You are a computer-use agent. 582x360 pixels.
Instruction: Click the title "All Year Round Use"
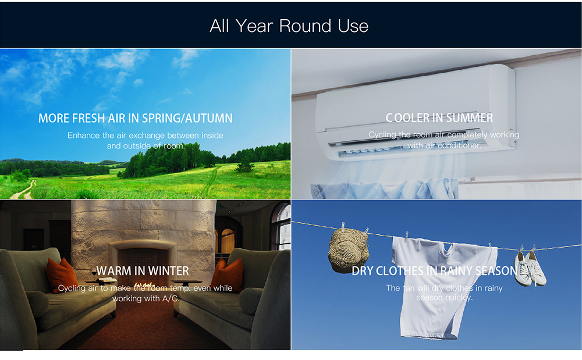point(289,26)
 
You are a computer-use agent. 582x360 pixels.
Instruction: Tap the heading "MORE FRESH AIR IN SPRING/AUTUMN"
point(136,118)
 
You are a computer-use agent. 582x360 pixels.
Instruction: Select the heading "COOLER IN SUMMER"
point(439,118)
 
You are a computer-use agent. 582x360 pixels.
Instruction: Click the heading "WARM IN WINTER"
point(143,271)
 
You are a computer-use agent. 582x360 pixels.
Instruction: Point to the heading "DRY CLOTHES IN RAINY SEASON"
point(435,271)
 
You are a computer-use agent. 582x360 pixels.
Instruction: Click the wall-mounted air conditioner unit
point(416,111)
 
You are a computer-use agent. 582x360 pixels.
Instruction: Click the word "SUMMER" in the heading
point(470,118)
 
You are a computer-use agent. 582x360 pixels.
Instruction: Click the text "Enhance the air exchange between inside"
point(145,136)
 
